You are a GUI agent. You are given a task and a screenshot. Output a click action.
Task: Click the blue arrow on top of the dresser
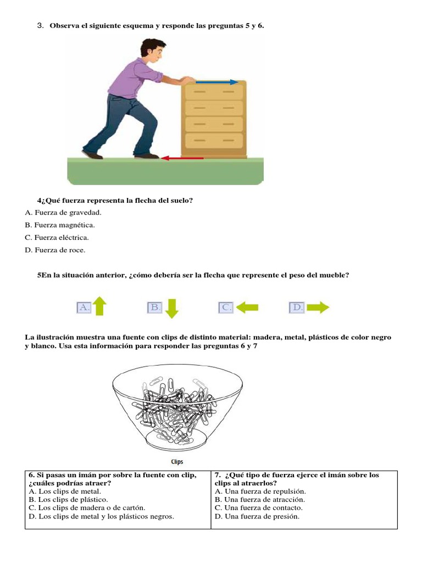click(x=218, y=82)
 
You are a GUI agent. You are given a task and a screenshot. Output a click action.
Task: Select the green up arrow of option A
click(x=99, y=306)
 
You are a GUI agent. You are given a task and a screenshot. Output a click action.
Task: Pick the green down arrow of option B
click(x=171, y=308)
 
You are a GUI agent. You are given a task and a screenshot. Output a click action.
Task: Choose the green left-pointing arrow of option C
click(x=247, y=308)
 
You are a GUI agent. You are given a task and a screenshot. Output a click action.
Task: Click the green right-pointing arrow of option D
click(x=318, y=308)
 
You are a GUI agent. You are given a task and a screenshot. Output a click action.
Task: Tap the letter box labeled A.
click(x=84, y=307)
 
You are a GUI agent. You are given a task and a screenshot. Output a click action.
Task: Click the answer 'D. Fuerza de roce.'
click(x=55, y=250)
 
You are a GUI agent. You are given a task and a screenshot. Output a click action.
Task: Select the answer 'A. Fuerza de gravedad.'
click(x=64, y=212)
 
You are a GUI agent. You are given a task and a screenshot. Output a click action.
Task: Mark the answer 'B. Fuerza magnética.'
click(x=60, y=225)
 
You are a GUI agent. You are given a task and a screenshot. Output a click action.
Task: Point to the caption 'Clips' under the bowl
click(x=176, y=462)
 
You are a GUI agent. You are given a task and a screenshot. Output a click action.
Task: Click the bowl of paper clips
click(x=177, y=407)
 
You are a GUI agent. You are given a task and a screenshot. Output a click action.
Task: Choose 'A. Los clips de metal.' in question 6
click(x=65, y=491)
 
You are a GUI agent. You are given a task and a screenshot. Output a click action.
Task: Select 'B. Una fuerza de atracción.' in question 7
click(x=260, y=499)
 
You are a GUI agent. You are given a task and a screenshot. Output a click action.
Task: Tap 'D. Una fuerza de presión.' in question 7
click(x=257, y=516)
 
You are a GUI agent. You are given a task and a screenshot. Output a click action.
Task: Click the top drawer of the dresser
click(x=214, y=92)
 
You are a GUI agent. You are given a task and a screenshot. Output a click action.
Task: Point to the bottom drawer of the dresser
click(x=214, y=140)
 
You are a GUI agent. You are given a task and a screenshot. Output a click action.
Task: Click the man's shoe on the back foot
click(x=92, y=154)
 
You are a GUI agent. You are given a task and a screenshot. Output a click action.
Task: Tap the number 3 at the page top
click(x=40, y=26)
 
